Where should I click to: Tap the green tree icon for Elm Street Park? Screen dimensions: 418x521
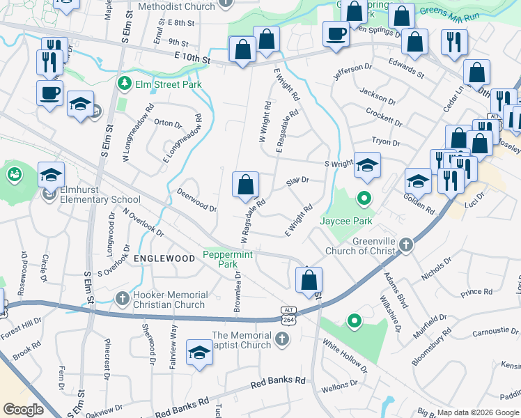125,84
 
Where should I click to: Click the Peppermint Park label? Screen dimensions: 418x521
227,259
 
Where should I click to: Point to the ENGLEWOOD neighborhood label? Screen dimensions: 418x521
164,258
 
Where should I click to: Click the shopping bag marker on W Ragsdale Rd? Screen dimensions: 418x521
245,185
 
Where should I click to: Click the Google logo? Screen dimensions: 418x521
22,410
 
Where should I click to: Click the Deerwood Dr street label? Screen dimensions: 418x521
196,199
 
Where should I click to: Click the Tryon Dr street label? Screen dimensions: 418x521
386,142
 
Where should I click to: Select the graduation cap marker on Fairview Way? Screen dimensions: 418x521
199,353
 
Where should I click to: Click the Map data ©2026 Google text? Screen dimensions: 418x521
478,412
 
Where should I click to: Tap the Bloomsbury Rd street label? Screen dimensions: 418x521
460,343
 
